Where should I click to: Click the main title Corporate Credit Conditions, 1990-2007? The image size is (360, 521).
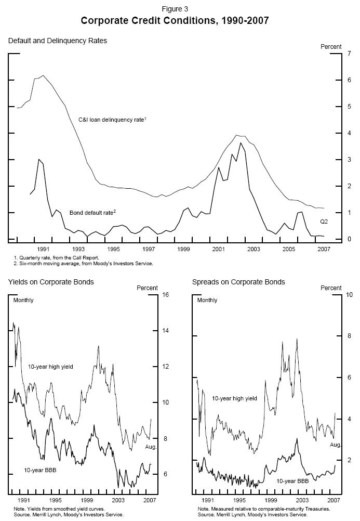(175, 21)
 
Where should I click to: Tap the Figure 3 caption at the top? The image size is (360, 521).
(175, 9)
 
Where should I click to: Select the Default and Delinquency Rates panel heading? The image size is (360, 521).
(57, 41)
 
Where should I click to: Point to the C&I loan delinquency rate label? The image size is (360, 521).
(116, 120)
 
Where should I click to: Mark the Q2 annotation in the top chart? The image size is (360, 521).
(323, 222)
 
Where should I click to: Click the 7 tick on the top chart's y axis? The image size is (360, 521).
(349, 54)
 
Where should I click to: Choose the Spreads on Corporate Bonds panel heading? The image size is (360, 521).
(238, 282)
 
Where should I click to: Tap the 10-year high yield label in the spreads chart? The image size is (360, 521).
(234, 398)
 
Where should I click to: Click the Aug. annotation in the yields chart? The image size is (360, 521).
(150, 447)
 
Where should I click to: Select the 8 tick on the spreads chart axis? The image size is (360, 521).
(348, 336)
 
